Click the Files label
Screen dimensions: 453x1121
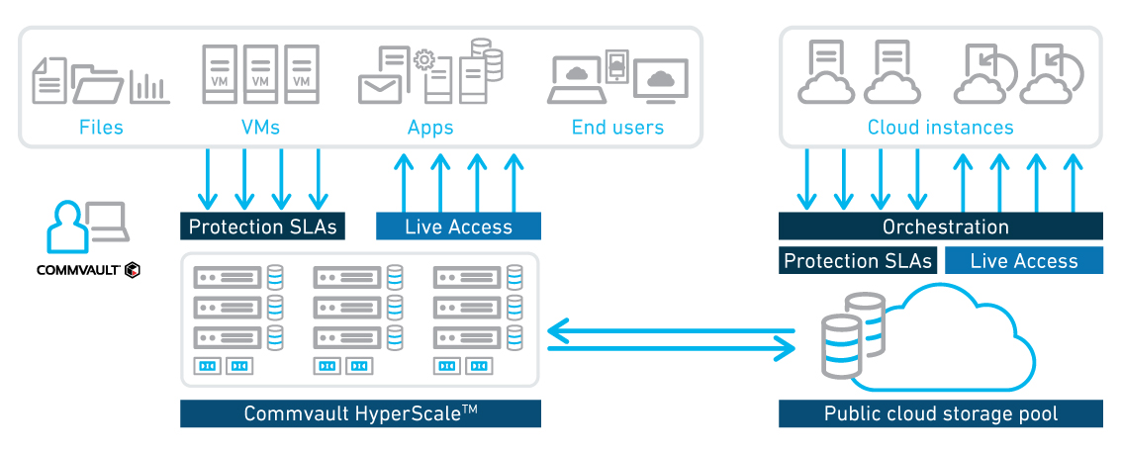(101, 128)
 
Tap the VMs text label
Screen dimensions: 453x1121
(260, 128)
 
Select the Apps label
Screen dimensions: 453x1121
(430, 128)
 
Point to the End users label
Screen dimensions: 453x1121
(617, 128)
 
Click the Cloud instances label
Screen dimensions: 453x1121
(940, 128)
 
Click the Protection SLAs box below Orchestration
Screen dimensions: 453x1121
(858, 261)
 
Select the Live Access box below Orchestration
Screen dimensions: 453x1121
(1024, 261)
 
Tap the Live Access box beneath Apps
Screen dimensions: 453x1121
(458, 226)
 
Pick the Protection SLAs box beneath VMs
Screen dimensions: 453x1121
(262, 226)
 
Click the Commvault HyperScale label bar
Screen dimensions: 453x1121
(360, 413)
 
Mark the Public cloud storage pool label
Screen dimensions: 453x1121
(940, 413)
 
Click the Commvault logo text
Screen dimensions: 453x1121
(79, 269)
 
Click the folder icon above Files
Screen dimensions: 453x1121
(99, 85)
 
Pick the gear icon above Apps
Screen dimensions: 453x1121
(423, 60)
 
